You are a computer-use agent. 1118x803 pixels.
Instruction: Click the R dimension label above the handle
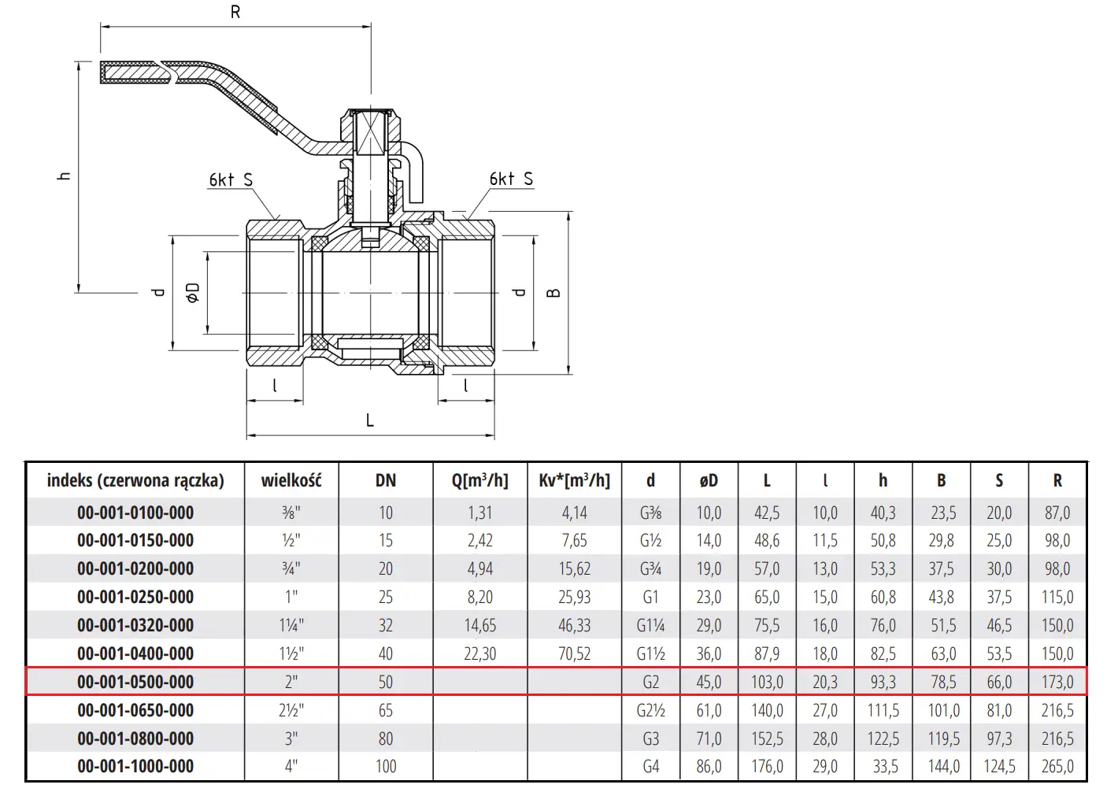[235, 12]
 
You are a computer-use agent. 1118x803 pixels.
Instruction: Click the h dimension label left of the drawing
[64, 176]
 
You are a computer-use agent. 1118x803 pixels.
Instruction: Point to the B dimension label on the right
[553, 293]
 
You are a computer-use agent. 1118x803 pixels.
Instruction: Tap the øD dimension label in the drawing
[193, 292]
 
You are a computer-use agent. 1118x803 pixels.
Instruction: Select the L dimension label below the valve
[370, 420]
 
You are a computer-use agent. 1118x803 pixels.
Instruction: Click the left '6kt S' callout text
[231, 179]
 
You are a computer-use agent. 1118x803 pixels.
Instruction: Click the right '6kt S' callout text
[511, 179]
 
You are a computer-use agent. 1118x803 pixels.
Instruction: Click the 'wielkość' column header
[291, 480]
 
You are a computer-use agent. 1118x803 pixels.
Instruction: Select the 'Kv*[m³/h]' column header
[575, 480]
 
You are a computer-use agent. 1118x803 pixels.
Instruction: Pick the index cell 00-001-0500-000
[135, 682]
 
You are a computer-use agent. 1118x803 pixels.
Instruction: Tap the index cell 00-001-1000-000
[135, 766]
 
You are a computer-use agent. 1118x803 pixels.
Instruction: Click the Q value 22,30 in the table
[480, 653]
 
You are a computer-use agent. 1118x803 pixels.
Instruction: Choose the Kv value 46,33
[575, 625]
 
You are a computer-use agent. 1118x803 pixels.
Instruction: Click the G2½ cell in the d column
[651, 709]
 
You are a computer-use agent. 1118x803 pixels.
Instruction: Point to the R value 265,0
[1057, 766]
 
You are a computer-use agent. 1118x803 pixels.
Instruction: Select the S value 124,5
[999, 766]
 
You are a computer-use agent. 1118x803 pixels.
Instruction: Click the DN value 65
[386, 709]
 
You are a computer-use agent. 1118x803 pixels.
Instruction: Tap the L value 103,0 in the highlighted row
[767, 682]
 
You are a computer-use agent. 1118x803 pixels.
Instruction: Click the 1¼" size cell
[291, 625]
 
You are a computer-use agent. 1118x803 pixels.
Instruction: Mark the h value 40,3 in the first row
[883, 513]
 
